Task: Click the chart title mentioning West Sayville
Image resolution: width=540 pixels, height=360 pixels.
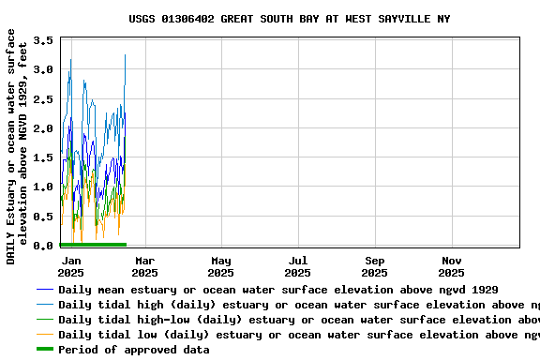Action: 290,19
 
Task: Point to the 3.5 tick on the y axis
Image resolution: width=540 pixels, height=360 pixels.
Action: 43,41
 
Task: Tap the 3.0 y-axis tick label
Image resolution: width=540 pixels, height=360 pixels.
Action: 43,70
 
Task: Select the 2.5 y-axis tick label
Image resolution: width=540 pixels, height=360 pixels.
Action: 43,99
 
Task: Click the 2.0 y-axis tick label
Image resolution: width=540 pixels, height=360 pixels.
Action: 43,128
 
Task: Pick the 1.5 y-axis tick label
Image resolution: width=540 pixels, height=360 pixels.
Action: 43,157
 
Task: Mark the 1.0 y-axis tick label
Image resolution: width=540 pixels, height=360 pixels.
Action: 43,187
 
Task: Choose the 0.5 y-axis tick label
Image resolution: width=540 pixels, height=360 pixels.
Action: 43,217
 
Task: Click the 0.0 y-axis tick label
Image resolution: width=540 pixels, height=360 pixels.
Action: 43,246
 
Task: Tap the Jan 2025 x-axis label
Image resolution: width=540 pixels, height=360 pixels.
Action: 70,266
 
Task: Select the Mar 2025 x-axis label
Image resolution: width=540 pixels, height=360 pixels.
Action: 144,266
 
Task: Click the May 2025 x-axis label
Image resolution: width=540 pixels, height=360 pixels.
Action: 221,266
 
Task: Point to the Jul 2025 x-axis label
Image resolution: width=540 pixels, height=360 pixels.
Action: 297,266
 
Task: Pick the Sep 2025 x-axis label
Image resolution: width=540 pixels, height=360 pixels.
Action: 374,266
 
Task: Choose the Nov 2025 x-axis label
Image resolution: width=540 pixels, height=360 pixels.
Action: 451,266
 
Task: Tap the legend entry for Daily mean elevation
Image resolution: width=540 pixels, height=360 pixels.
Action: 277,290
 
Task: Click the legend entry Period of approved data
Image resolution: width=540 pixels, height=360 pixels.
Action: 134,350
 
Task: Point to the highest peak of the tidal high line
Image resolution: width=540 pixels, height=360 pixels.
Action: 125,55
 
